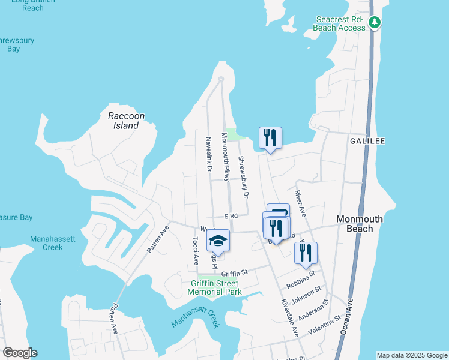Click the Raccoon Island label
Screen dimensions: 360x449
click(123, 121)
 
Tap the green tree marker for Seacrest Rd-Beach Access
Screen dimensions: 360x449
click(375, 23)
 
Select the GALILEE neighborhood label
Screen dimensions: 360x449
click(367, 140)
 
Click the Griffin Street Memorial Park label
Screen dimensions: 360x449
click(214, 287)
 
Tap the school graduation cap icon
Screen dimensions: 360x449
click(218, 242)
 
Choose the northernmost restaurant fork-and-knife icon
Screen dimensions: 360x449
click(270, 138)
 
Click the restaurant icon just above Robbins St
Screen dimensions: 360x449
click(306, 254)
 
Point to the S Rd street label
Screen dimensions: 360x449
click(231, 215)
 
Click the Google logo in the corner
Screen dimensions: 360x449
click(20, 353)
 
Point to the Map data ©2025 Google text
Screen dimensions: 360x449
click(411, 355)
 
